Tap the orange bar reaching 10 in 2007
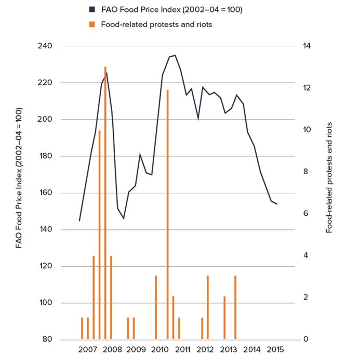99,235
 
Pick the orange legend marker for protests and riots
92,24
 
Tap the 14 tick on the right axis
307,46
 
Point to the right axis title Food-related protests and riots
329,177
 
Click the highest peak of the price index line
175,55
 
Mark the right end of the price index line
277,204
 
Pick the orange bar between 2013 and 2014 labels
235,307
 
